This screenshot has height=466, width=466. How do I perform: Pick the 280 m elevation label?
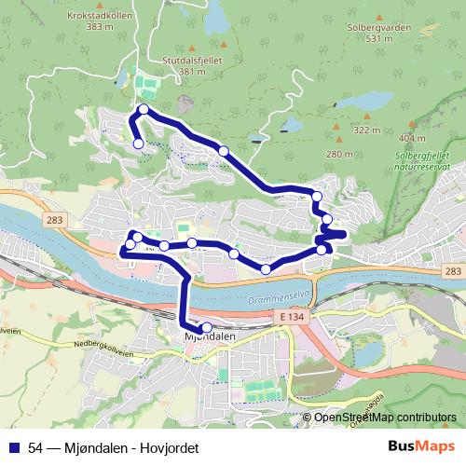[339, 153]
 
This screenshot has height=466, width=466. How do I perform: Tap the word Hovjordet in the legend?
[170, 449]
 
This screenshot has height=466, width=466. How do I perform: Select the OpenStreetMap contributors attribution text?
[385, 418]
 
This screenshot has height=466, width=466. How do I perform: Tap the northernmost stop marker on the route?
[144, 111]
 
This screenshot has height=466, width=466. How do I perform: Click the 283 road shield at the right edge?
[452, 271]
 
